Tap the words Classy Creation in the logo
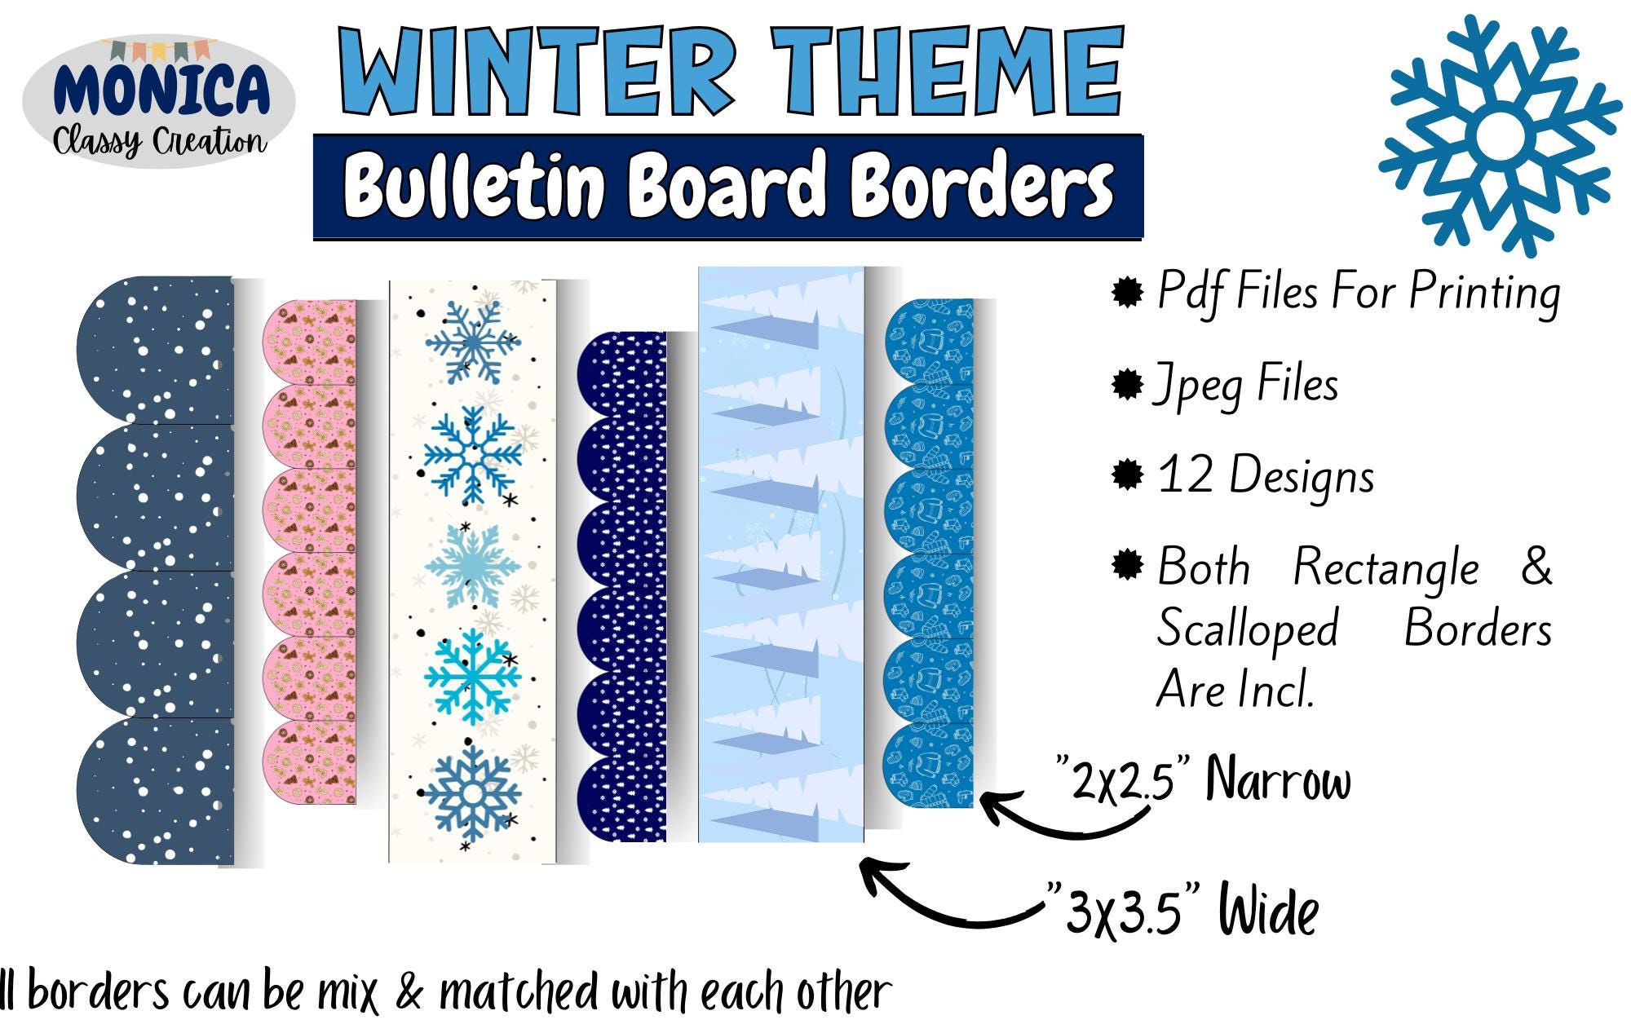(160, 142)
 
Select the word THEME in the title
(948, 72)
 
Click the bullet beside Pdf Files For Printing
(1127, 291)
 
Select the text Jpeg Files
(1246, 385)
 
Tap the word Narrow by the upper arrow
(1278, 779)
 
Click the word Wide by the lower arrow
(1268, 910)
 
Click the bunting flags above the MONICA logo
(160, 50)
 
